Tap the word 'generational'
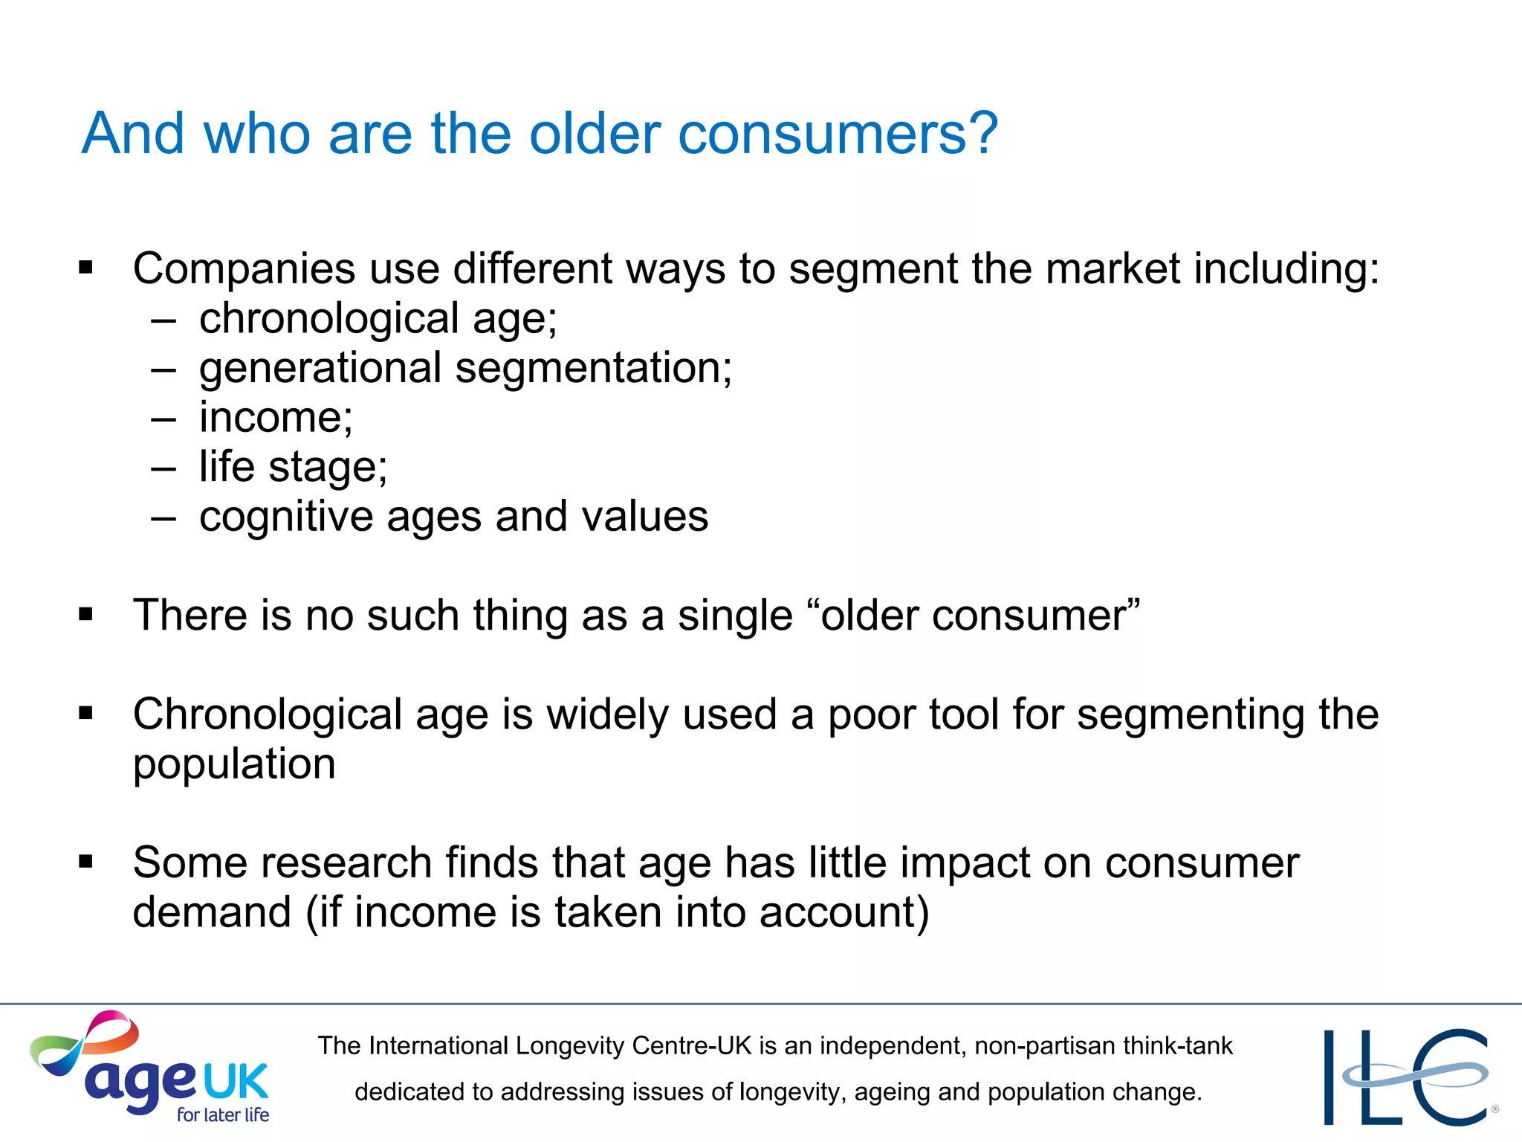coord(320,369)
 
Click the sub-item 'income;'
coord(276,417)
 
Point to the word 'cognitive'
coord(286,517)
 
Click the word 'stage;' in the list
coord(328,468)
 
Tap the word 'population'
coord(234,764)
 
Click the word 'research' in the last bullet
coord(346,863)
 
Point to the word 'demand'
coord(212,912)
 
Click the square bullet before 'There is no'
coord(86,614)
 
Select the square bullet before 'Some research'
coord(86,862)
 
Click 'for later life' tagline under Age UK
coord(223,1114)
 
